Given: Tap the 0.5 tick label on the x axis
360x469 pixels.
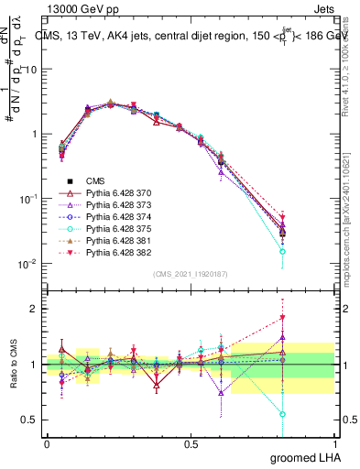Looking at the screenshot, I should [x=191, y=443].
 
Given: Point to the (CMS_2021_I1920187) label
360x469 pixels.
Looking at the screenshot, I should [x=191, y=274].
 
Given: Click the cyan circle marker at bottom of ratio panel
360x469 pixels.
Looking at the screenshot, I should [x=308, y=414].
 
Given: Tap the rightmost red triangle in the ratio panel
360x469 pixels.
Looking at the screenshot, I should [x=308, y=318].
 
